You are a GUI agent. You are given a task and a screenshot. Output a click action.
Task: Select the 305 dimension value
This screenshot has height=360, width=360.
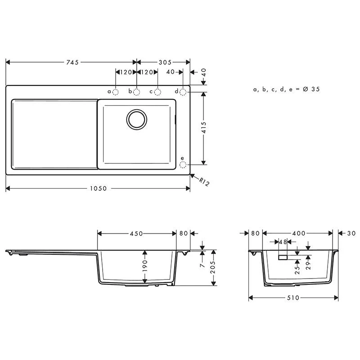pyautogui.click(x=163, y=63)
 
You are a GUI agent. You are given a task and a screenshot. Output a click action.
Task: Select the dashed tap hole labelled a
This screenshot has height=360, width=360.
pyautogui.click(x=115, y=92)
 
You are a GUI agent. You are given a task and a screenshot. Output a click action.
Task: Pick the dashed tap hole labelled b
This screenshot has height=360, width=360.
pyautogui.click(x=136, y=92)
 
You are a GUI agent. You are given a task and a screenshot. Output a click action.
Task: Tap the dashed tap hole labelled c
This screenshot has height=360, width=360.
pyautogui.click(x=157, y=92)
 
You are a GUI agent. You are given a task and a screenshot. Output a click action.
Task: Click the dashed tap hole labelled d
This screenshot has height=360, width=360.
pyautogui.click(x=183, y=92)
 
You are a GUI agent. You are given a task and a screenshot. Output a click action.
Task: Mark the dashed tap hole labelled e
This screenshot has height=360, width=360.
pyautogui.click(x=183, y=165)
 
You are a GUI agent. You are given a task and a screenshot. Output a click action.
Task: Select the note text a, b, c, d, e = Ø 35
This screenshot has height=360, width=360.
pyautogui.click(x=286, y=90)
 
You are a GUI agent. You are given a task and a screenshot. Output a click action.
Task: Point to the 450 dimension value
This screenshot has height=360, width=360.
pyautogui.click(x=136, y=234)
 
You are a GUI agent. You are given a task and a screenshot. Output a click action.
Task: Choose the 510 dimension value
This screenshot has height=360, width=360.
pyautogui.click(x=293, y=298)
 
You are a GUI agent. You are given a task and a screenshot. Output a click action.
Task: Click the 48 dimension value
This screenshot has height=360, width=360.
pyautogui.click(x=283, y=242)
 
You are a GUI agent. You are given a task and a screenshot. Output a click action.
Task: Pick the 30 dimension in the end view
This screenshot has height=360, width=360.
pyautogui.click(x=351, y=234)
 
